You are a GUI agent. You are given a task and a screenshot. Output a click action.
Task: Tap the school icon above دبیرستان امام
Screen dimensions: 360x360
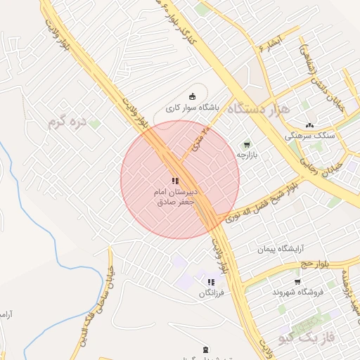[x=175, y=181]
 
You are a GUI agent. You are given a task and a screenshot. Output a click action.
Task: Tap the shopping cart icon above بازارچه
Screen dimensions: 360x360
[x=246, y=144]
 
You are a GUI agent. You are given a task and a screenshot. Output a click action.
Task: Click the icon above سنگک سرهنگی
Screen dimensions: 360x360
[x=309, y=125]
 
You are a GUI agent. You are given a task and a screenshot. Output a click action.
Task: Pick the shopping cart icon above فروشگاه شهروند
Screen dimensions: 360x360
[x=297, y=281]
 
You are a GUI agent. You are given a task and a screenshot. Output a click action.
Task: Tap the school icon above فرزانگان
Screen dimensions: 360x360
[x=211, y=282]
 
